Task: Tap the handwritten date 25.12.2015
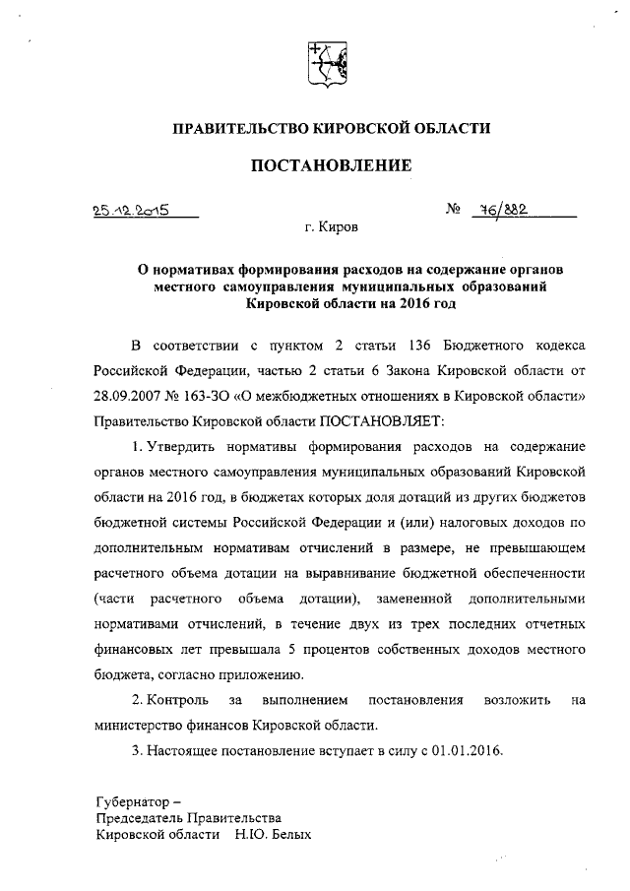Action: pos(127,209)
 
